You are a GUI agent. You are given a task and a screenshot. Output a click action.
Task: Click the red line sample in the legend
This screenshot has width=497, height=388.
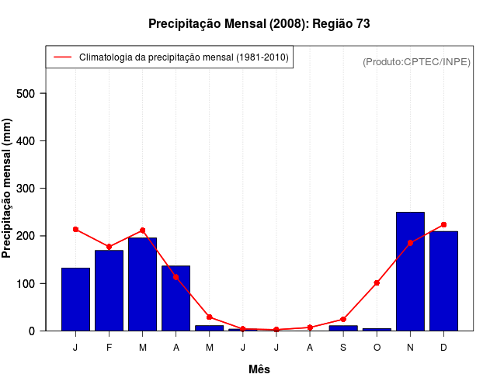click(x=62, y=57)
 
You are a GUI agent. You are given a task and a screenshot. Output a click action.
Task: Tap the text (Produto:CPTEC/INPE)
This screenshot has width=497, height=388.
click(x=416, y=61)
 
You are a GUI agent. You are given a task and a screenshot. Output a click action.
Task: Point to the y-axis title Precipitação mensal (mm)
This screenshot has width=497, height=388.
click(x=8, y=189)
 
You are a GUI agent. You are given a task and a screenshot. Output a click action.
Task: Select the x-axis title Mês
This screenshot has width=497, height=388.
click(x=259, y=369)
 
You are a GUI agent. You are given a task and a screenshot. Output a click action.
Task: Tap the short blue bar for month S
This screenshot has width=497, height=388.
click(x=343, y=328)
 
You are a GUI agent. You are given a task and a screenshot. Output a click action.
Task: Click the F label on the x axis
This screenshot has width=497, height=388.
click(x=109, y=348)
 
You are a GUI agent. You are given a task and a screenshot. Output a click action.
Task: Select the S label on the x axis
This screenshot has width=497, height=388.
click(x=343, y=348)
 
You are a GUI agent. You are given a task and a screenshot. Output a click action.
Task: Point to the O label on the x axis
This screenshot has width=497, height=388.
click(x=377, y=348)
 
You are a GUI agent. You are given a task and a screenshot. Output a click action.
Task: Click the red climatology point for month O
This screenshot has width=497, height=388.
click(x=377, y=283)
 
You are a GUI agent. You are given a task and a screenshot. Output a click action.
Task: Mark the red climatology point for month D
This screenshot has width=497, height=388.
click(x=443, y=225)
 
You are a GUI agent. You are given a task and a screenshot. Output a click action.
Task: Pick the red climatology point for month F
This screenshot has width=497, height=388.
click(x=109, y=247)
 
